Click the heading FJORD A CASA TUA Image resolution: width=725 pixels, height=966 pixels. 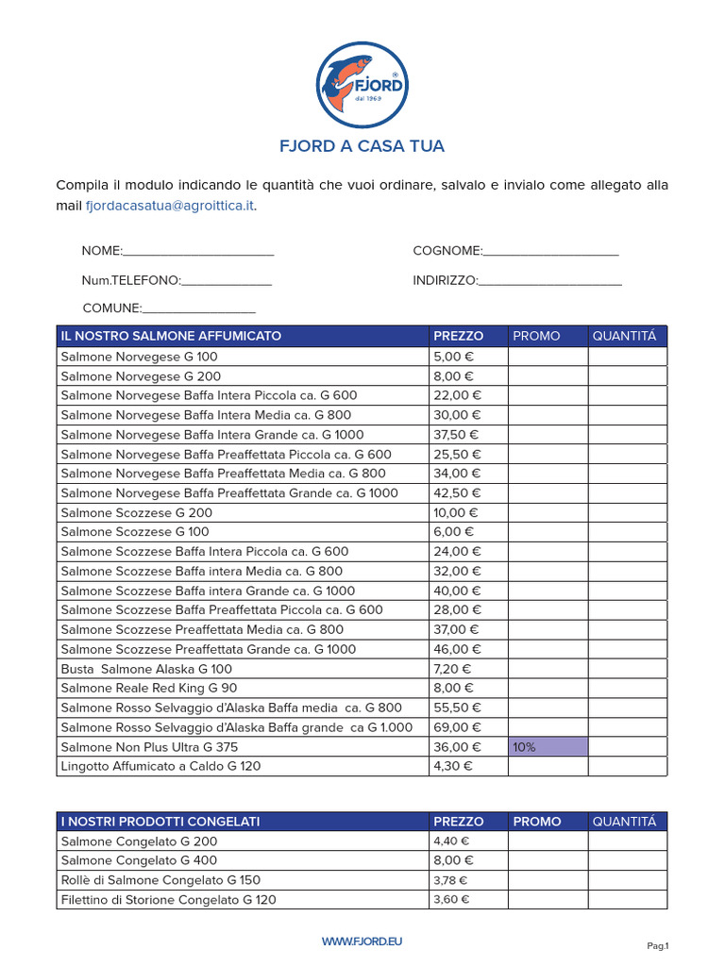(362, 146)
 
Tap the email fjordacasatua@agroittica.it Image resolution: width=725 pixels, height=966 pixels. (170, 205)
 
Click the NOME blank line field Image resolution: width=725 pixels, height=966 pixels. (198, 252)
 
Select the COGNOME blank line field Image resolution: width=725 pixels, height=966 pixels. (550, 252)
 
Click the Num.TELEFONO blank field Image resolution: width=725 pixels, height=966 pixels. (226, 281)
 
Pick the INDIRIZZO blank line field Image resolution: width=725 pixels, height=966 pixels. (549, 281)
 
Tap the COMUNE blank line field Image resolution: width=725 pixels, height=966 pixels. (198, 308)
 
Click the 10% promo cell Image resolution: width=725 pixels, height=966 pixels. (548, 747)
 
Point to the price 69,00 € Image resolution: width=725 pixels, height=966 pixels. (458, 727)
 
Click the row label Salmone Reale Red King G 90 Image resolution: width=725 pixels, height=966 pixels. (149, 689)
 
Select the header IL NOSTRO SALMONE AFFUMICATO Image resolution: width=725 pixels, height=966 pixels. (171, 337)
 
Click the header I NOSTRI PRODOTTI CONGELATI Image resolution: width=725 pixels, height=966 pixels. (160, 822)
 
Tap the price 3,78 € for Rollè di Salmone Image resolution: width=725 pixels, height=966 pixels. (450, 881)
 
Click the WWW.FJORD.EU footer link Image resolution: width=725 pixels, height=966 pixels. (362, 941)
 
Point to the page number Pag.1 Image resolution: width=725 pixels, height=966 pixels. (657, 945)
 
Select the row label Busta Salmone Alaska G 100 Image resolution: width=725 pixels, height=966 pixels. (146, 669)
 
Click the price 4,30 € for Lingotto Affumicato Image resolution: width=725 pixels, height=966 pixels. (454, 767)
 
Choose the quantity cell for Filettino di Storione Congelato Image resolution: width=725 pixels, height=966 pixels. (627, 900)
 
